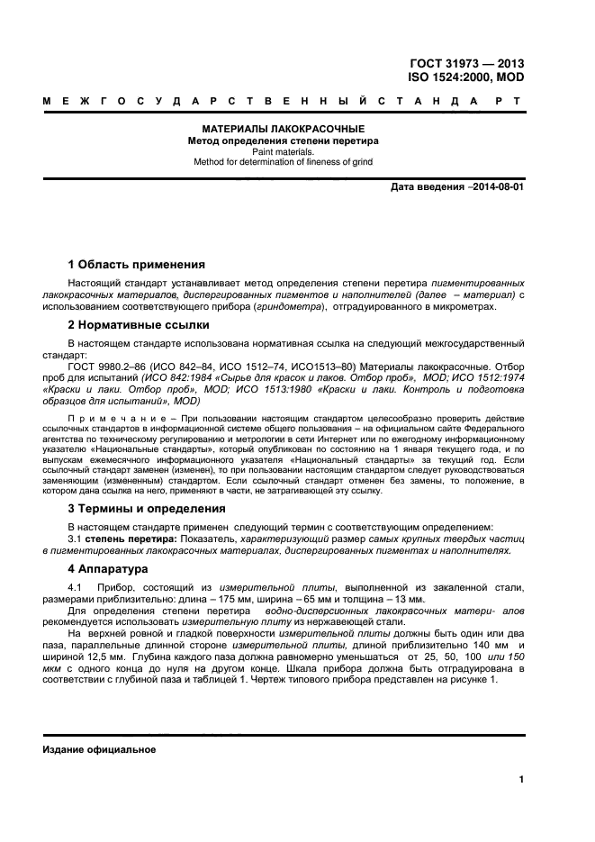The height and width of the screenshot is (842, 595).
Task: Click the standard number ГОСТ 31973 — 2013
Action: [x=466, y=64]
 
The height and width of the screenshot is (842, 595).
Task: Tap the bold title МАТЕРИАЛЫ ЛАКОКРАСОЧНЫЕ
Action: [x=282, y=130]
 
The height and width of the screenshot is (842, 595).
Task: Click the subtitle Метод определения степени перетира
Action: [x=282, y=141]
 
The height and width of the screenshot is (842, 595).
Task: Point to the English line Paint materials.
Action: [x=282, y=152]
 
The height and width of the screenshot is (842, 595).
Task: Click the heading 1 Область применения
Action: [x=137, y=265]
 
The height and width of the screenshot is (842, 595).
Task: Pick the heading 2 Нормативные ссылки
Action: [x=139, y=324]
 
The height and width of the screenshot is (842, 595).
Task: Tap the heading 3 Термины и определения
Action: [x=149, y=509]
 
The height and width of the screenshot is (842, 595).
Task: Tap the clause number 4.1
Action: [x=76, y=588]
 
